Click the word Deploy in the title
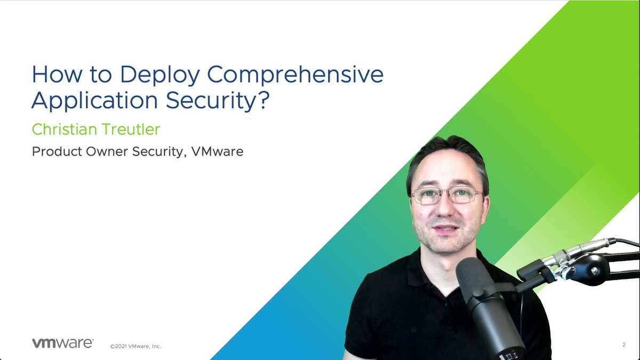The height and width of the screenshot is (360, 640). pyautogui.click(x=159, y=75)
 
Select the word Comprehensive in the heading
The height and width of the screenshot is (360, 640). pyautogui.click(x=295, y=75)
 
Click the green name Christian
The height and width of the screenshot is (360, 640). pyautogui.click(x=61, y=129)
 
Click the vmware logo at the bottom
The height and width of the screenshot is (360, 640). pyautogui.click(x=63, y=343)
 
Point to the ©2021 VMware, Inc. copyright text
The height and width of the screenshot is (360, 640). pyautogui.click(x=135, y=346)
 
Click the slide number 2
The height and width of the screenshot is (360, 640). pyautogui.click(x=623, y=345)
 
